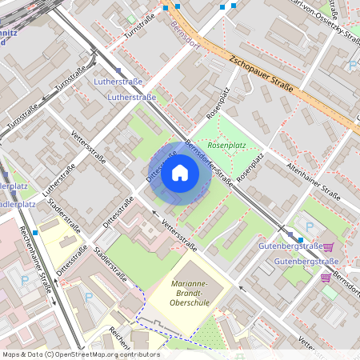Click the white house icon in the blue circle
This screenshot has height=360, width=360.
(x=180, y=173)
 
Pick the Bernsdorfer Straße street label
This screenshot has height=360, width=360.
(x=209, y=163)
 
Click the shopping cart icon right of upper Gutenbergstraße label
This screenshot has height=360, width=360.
(x=328, y=247)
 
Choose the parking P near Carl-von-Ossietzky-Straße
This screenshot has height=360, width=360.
(x=353, y=66)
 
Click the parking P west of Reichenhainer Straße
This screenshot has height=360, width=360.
(x=23, y=281)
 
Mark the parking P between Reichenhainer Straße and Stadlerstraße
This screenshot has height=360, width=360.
(x=88, y=296)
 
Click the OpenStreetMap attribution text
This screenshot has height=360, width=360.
(x=80, y=354)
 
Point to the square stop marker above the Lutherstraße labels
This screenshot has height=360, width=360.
(x=118, y=70)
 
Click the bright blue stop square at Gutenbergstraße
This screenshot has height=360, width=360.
(x=301, y=238)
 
